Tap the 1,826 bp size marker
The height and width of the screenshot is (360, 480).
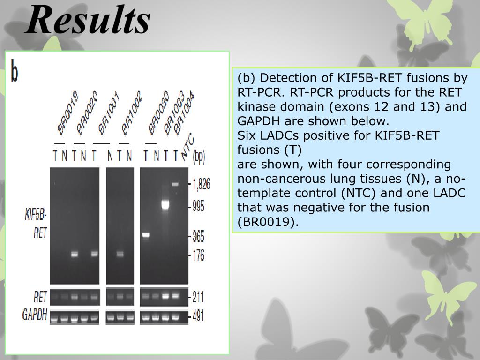pos(201,184)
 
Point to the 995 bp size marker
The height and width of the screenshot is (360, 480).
pos(198,207)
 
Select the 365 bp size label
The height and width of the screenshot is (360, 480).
pos(198,236)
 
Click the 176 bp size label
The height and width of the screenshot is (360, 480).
pos(198,256)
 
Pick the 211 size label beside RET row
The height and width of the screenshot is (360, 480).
pos(198,297)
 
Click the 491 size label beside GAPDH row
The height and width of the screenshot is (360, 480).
pos(198,316)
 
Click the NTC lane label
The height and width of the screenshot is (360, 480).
pos(187,146)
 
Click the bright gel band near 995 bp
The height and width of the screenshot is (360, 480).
pos(165,204)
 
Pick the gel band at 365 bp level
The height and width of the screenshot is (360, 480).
pos(146,235)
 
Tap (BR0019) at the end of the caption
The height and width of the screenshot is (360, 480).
pos(268,222)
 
